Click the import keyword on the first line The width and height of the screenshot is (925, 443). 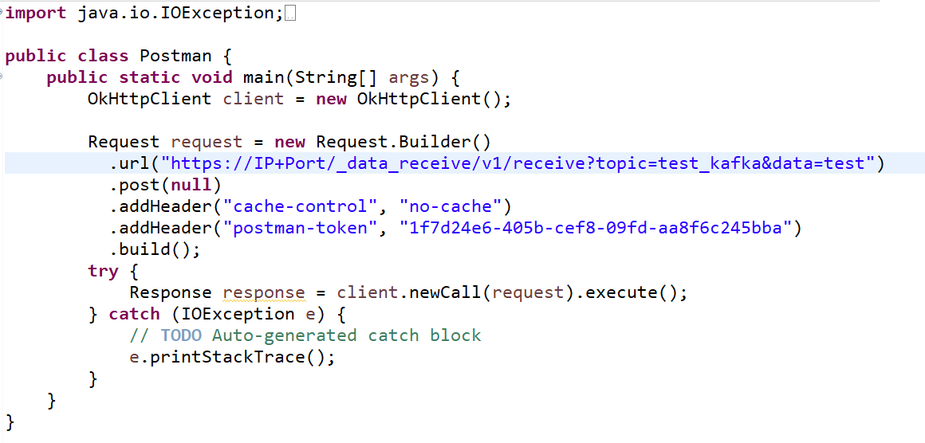36,14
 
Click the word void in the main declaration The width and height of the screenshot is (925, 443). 211,78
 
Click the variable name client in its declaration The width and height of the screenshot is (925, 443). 253,100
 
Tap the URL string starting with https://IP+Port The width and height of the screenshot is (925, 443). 518,164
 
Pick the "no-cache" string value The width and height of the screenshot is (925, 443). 450,207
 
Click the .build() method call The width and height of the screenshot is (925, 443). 155,250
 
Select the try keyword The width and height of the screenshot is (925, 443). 103,272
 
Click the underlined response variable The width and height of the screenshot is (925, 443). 263,293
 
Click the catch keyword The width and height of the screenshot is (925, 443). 134,315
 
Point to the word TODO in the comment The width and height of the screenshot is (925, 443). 181,335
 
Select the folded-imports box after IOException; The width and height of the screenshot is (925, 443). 289,14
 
